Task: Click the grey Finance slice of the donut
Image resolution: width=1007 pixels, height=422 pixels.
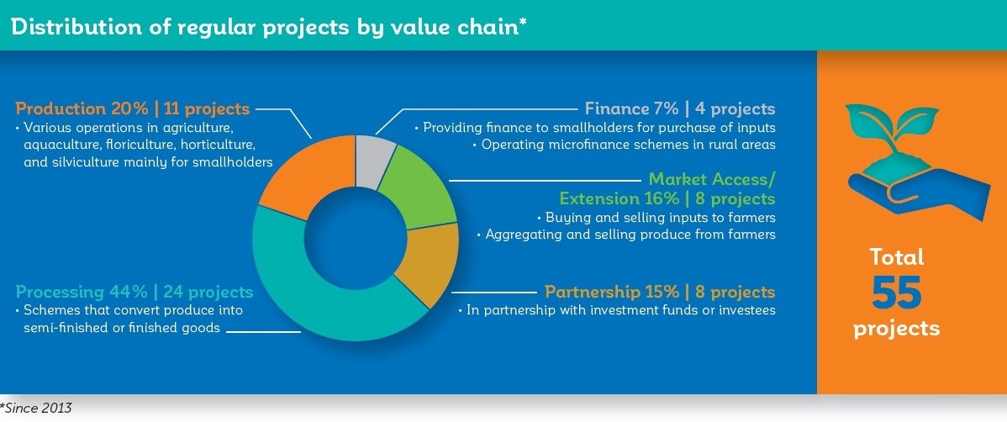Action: [x=376, y=162]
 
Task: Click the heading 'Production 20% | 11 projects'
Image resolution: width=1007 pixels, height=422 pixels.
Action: [x=132, y=108]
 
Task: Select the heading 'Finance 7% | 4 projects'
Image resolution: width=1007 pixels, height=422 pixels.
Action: [x=679, y=108]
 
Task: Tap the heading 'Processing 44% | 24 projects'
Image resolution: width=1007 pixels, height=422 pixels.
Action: [x=134, y=293]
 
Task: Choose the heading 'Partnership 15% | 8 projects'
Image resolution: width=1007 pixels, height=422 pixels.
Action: [x=660, y=293]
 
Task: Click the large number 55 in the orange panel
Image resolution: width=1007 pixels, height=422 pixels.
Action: [x=897, y=293]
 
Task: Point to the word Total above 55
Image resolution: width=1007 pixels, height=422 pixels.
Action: [x=897, y=257]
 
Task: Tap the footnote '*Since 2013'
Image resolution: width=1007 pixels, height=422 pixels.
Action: [x=36, y=408]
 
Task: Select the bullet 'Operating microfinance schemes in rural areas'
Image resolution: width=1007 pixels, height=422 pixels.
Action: [x=628, y=145]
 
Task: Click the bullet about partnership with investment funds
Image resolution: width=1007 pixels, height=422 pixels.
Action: [x=616, y=311]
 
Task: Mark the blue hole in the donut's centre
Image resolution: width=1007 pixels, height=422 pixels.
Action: [x=356, y=238]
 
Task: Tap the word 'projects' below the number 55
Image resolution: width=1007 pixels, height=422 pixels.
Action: [x=897, y=329]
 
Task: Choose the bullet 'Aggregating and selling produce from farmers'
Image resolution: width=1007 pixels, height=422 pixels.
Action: [x=626, y=235]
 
